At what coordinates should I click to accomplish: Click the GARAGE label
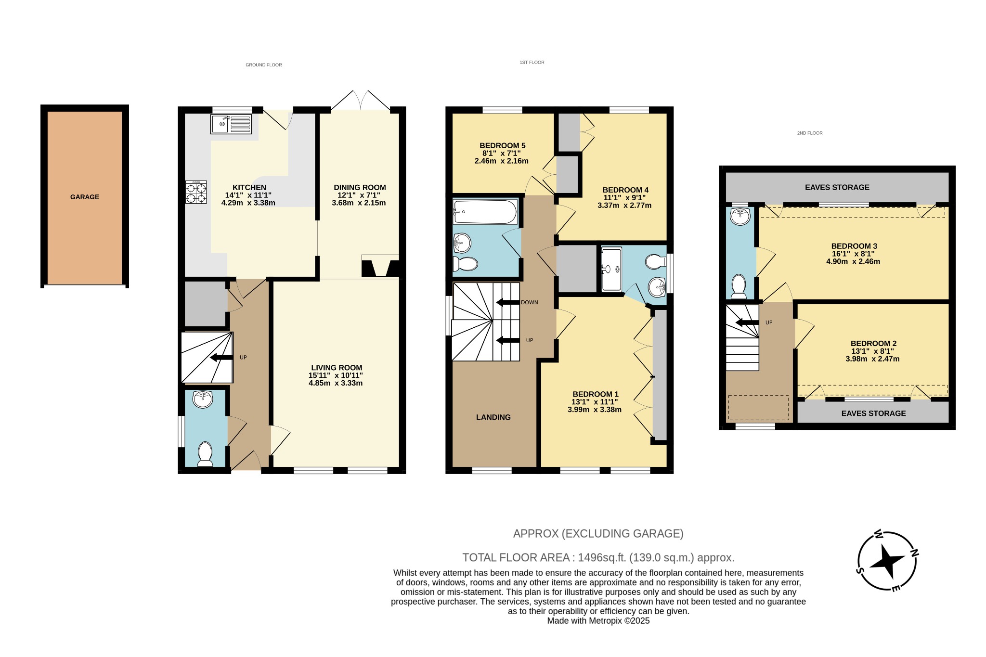(x=85, y=197)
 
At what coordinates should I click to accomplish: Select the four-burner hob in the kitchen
(x=196, y=192)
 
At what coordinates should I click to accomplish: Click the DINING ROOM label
(x=360, y=188)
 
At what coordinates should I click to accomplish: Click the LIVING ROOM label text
(x=337, y=368)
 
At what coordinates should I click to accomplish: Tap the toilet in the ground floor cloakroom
(x=205, y=454)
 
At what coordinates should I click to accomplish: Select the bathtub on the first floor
(x=485, y=212)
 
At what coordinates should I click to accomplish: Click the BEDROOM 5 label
(x=502, y=145)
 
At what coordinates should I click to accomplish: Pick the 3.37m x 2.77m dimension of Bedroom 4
(x=624, y=206)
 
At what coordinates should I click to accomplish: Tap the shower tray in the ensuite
(x=611, y=270)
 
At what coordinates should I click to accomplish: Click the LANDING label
(x=493, y=417)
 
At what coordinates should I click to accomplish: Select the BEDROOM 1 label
(x=595, y=394)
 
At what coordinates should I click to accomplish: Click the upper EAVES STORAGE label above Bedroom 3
(x=837, y=187)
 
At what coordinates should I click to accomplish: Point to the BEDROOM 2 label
(x=873, y=344)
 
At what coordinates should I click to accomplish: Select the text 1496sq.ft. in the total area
(x=602, y=558)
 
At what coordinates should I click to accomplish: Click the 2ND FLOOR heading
(x=809, y=133)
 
